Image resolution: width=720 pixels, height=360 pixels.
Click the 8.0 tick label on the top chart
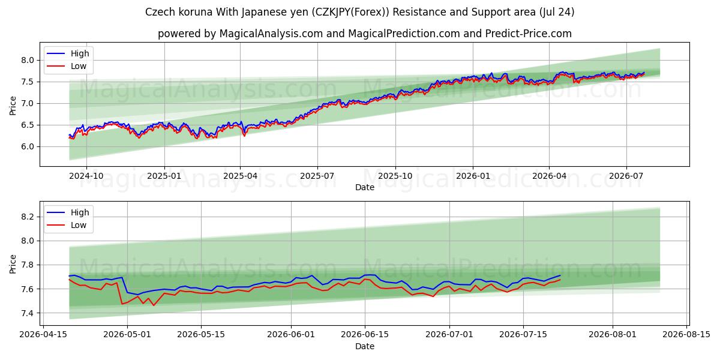[x=28, y=60]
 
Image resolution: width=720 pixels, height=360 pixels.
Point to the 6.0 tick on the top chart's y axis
[x=28, y=146]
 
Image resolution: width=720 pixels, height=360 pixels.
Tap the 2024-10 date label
[x=86, y=176]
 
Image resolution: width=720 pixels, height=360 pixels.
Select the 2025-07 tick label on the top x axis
[x=317, y=176]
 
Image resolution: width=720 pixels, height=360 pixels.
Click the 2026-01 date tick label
[x=473, y=176]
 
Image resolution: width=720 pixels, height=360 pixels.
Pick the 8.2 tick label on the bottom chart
[x=28, y=217]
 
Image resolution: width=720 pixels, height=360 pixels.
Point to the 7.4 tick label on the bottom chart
[x=28, y=313]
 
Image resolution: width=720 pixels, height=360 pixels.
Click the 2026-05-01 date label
[x=127, y=335]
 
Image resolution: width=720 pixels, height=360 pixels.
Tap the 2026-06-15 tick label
[x=365, y=335]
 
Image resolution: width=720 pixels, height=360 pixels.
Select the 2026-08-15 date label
[x=686, y=335]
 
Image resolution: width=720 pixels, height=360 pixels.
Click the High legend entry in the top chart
[x=80, y=53]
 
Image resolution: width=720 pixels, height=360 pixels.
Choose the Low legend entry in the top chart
[x=79, y=66]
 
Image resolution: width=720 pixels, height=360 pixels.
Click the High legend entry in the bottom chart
[x=80, y=212]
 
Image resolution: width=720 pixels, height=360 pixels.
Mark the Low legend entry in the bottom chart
[x=79, y=225]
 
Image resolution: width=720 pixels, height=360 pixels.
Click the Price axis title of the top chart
[x=13, y=106]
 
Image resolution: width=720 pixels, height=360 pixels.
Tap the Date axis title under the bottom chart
[x=365, y=346]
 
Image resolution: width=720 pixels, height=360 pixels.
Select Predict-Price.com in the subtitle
[x=529, y=34]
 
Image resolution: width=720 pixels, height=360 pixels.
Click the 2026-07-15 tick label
[x=523, y=335]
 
